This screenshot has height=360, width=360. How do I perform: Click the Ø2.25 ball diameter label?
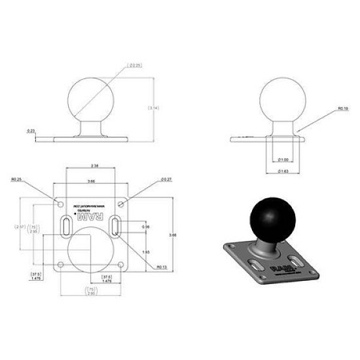coord(136,65)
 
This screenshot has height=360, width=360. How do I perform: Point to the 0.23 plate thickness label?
coord(31,131)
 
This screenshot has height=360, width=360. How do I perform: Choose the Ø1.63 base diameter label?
coord(282,171)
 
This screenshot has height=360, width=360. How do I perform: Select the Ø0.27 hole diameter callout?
coord(165,179)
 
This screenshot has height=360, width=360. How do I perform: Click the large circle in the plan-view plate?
coord(89,249)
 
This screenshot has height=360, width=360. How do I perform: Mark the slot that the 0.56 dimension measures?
coord(116,227)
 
